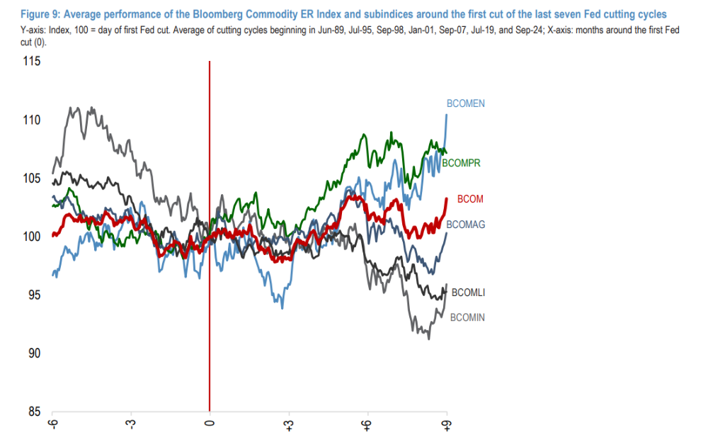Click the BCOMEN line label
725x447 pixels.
pos(464,104)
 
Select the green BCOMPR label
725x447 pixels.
pos(462,164)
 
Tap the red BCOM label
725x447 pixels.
pos(470,200)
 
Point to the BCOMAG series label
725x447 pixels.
pos(465,225)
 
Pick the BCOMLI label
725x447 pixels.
pos(467,292)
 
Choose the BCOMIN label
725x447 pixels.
pos(467,317)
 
